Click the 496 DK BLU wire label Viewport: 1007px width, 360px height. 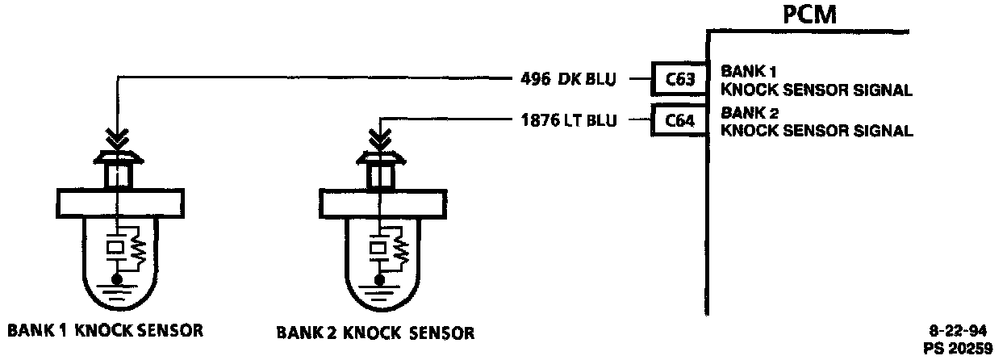pyautogui.click(x=568, y=79)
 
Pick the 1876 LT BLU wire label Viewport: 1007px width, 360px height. pyautogui.click(x=570, y=122)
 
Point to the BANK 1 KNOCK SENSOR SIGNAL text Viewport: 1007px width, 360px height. pyautogui.click(x=816, y=80)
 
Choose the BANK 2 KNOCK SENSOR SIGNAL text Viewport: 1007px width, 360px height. pyautogui.click(x=816, y=121)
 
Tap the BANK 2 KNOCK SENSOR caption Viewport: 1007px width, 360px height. pyautogui.click(x=375, y=332)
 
